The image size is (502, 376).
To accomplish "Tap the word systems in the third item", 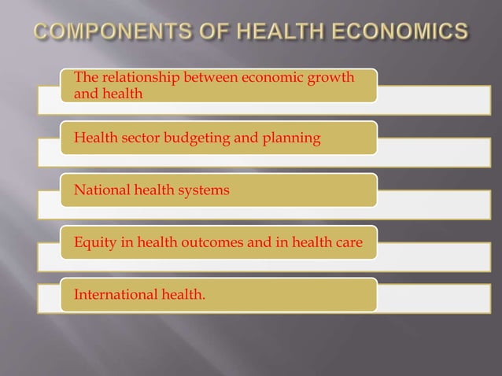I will tap(205, 191).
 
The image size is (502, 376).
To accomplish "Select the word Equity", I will tap(92, 244).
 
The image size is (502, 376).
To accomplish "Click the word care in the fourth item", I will tap(349, 243).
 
